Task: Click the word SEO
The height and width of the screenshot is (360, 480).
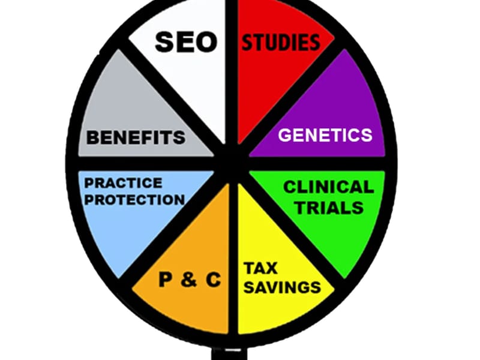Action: click(x=186, y=42)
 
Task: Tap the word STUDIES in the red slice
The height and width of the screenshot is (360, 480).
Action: click(x=281, y=42)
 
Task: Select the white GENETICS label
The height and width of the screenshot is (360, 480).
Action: click(x=325, y=135)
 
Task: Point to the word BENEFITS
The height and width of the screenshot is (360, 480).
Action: click(x=136, y=137)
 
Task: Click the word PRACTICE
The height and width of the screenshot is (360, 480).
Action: click(x=123, y=183)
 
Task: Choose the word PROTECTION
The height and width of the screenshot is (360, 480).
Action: click(x=134, y=200)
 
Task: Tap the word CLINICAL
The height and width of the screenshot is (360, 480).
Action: click(x=328, y=187)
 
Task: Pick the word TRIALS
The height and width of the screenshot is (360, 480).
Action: click(x=329, y=208)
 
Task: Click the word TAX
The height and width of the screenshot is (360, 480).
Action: click(x=260, y=268)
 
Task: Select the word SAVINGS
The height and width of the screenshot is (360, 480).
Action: click(x=282, y=287)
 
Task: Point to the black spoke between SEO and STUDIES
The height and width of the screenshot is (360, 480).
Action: click(x=232, y=73)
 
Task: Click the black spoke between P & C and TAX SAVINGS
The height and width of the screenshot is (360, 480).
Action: click(x=233, y=257)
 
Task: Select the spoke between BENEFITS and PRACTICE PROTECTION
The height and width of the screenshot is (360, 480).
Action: click(x=144, y=163)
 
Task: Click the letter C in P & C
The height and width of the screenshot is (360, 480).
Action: click(x=214, y=280)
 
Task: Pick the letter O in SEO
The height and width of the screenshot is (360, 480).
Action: click(x=206, y=42)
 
